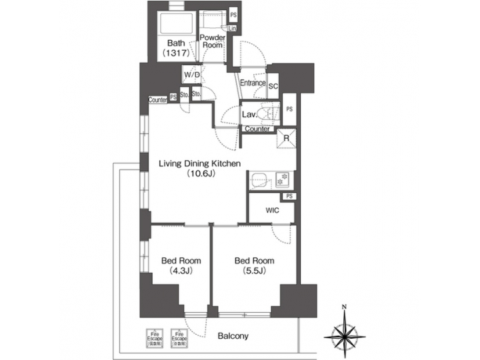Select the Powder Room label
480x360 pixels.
point(212,41)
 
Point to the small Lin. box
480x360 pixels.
point(233,29)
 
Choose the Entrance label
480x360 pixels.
point(253,83)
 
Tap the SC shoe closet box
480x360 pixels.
point(273,85)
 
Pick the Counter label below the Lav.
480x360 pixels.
point(257,129)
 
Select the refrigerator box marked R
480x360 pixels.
point(286,139)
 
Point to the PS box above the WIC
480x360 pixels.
point(289,196)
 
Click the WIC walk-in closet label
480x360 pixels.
point(271,211)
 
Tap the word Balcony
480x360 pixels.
point(233,336)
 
